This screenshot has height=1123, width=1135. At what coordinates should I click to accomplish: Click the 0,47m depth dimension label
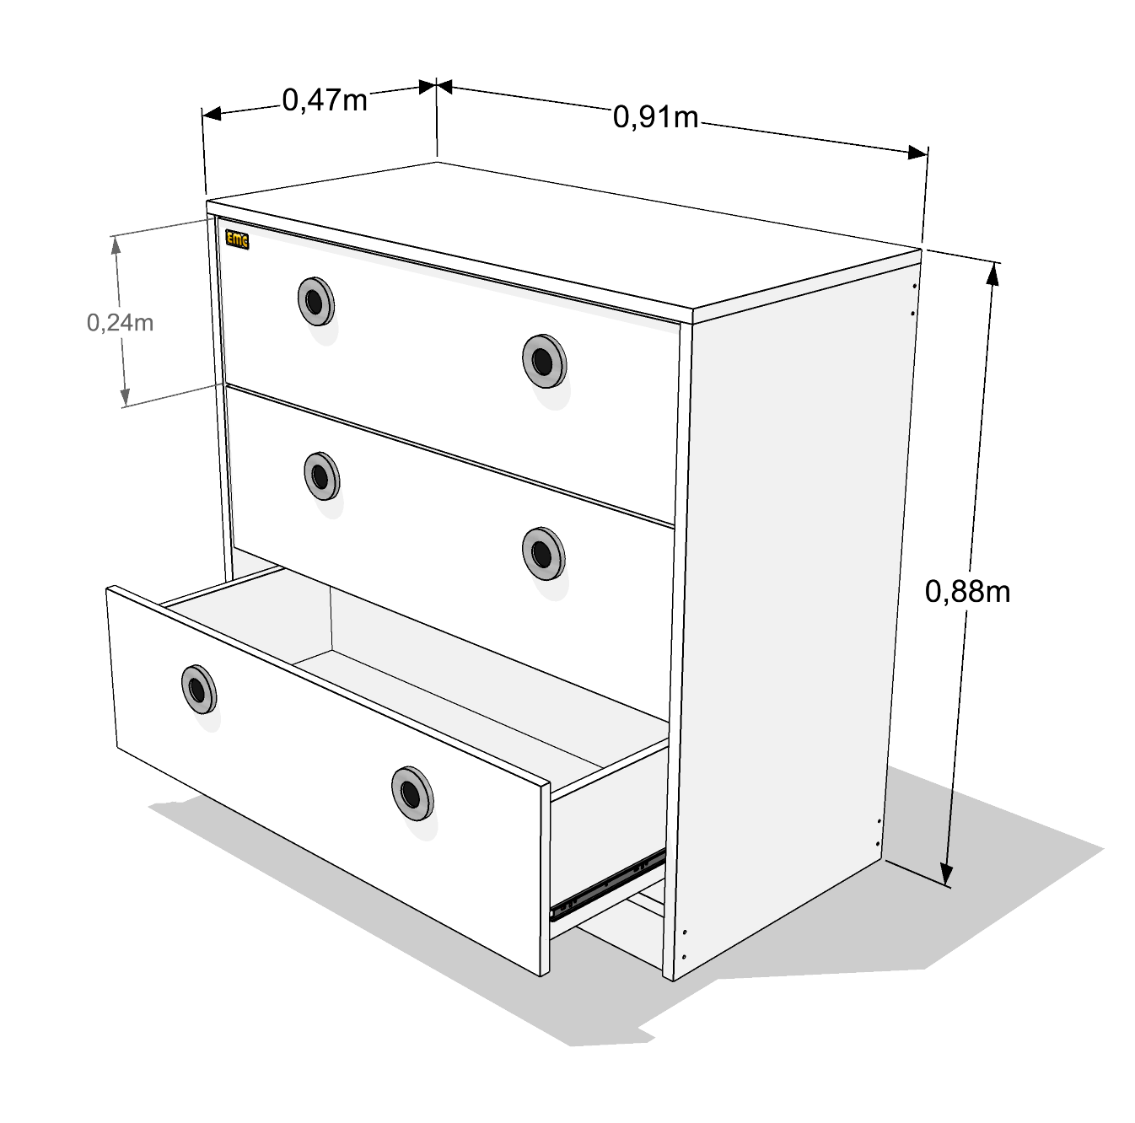coord(325,100)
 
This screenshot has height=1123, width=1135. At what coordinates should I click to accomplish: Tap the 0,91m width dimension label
coord(655,117)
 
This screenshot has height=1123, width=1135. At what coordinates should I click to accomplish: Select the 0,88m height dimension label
coord(968,592)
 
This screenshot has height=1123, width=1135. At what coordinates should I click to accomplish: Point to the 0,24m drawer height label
coord(120,323)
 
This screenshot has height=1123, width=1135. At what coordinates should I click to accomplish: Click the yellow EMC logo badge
coord(237,240)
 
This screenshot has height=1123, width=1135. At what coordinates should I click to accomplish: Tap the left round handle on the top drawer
coord(315,301)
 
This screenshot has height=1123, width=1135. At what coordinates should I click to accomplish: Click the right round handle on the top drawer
coord(544,361)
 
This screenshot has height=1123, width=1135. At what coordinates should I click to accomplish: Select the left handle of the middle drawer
coord(321,476)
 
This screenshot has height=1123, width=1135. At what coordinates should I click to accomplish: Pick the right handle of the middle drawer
coord(543,553)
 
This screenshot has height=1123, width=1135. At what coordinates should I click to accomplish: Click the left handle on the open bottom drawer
coord(198,690)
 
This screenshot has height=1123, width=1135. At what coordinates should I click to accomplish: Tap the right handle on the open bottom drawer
coord(412,793)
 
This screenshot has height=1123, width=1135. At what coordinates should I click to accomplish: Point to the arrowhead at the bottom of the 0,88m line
coord(946,874)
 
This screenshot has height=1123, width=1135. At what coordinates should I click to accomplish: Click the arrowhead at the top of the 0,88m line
coord(993,274)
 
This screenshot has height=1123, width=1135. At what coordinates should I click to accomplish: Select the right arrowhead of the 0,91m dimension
coord(917,153)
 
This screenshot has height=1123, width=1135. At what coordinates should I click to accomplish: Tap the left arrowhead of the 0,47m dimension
coord(212,114)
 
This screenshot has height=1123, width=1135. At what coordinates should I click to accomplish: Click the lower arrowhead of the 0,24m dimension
coord(124,396)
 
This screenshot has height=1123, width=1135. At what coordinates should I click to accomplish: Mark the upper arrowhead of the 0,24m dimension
coord(116,245)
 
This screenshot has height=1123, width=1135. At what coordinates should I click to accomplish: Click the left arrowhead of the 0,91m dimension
coord(445,87)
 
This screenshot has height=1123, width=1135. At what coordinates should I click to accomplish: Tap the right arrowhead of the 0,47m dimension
coord(428,87)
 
